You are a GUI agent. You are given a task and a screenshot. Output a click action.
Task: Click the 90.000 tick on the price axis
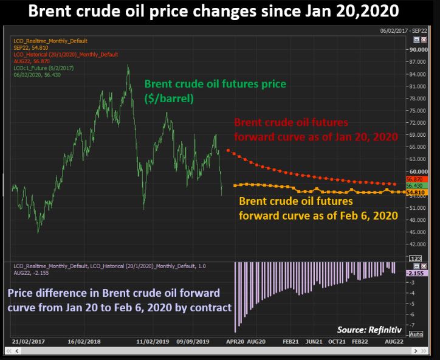pyautogui.click(x=419, y=50)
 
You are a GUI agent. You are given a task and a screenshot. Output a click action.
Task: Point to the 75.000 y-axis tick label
pyautogui.click(x=419, y=111)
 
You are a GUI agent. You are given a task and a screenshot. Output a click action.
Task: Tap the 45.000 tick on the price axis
pyautogui.click(x=419, y=232)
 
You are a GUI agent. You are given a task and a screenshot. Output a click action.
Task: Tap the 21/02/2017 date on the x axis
pyautogui.click(x=27, y=342)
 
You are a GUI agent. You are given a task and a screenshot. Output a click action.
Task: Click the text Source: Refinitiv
pyautogui.click(x=368, y=329)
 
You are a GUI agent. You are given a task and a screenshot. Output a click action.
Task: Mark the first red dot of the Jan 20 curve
pyautogui.click(x=228, y=150)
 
